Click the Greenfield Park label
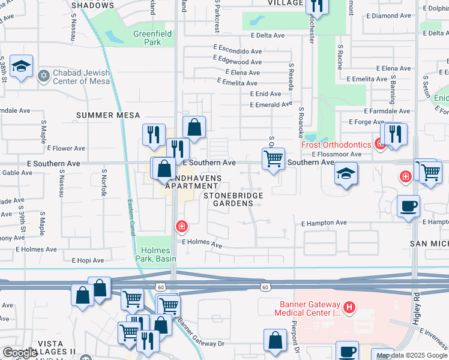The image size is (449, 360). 147,38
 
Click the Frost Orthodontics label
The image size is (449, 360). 336,145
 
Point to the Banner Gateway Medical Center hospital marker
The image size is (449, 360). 348,308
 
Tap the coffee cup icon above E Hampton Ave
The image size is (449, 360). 408,206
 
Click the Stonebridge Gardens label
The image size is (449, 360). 228,199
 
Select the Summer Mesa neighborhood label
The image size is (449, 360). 108,115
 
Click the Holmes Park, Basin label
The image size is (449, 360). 157,254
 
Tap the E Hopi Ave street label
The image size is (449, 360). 88,260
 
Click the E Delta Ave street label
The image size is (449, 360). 267,35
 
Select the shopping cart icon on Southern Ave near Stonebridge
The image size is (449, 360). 273,159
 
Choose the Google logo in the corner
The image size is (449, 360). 20,353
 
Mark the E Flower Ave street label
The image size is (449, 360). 69,148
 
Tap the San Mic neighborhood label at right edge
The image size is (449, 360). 429,244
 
